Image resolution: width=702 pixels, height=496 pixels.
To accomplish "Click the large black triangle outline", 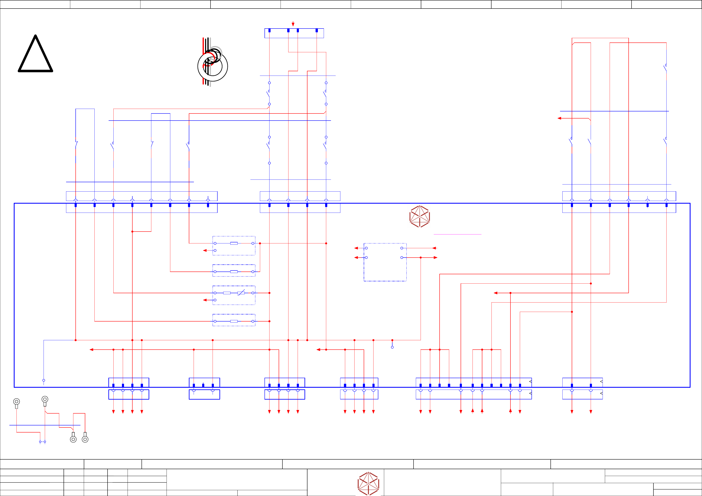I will [x=35, y=54].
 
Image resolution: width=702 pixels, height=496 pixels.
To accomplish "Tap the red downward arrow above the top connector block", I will [x=293, y=24].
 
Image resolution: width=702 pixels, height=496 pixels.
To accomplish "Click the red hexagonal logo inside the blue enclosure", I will [x=420, y=216].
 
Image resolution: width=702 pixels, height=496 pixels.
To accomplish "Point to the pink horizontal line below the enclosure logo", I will [x=457, y=234].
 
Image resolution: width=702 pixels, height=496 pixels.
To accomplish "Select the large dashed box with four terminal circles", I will [x=385, y=262].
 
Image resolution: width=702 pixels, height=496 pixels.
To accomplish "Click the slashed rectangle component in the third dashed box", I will [x=241, y=293].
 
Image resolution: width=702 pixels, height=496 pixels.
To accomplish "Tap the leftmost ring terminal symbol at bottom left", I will [x=16, y=402].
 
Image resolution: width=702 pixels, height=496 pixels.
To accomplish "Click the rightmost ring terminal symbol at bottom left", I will [x=85, y=439].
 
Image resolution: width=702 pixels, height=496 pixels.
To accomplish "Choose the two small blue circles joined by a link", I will [x=43, y=442].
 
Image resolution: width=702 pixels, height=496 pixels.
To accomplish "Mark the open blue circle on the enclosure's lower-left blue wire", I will [x=44, y=380].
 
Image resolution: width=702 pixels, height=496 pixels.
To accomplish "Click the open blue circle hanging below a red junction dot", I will [x=392, y=347].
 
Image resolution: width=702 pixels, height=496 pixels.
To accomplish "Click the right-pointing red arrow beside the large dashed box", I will [x=435, y=257].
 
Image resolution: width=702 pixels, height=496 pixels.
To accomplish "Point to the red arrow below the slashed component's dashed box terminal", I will [x=205, y=300].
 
